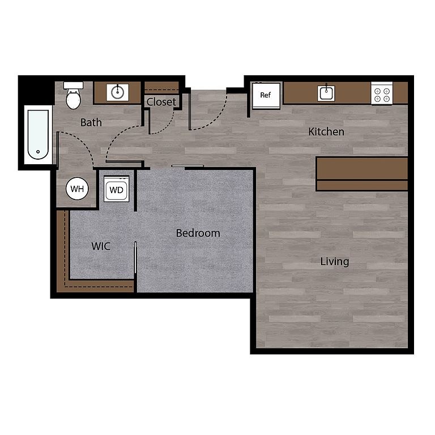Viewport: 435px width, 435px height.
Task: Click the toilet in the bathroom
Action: coord(74,95)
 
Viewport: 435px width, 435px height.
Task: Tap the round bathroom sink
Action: coord(117,92)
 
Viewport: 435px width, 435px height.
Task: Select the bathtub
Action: coord(38,135)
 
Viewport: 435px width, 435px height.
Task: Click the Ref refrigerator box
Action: coord(266,95)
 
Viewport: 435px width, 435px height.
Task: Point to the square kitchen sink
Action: coord(326,93)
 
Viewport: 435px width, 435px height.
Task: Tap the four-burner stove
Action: coord(382,93)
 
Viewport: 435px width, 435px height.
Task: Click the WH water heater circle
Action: coord(77,189)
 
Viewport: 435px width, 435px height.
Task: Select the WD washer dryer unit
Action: coord(117,189)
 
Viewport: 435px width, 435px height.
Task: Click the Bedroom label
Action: coord(198,233)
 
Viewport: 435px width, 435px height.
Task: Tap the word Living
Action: coord(335,262)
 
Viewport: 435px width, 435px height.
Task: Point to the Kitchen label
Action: coord(326,132)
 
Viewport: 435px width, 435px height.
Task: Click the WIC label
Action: coord(101,246)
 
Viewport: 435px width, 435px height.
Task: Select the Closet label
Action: coord(161,102)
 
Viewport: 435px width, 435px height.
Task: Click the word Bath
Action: coord(91,122)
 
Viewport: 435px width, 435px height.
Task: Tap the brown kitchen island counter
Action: coord(362,174)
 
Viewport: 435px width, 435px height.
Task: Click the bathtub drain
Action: coord(38,151)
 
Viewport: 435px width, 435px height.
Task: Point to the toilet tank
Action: coord(73,85)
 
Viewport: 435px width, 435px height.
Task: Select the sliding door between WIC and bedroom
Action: coord(135,258)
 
